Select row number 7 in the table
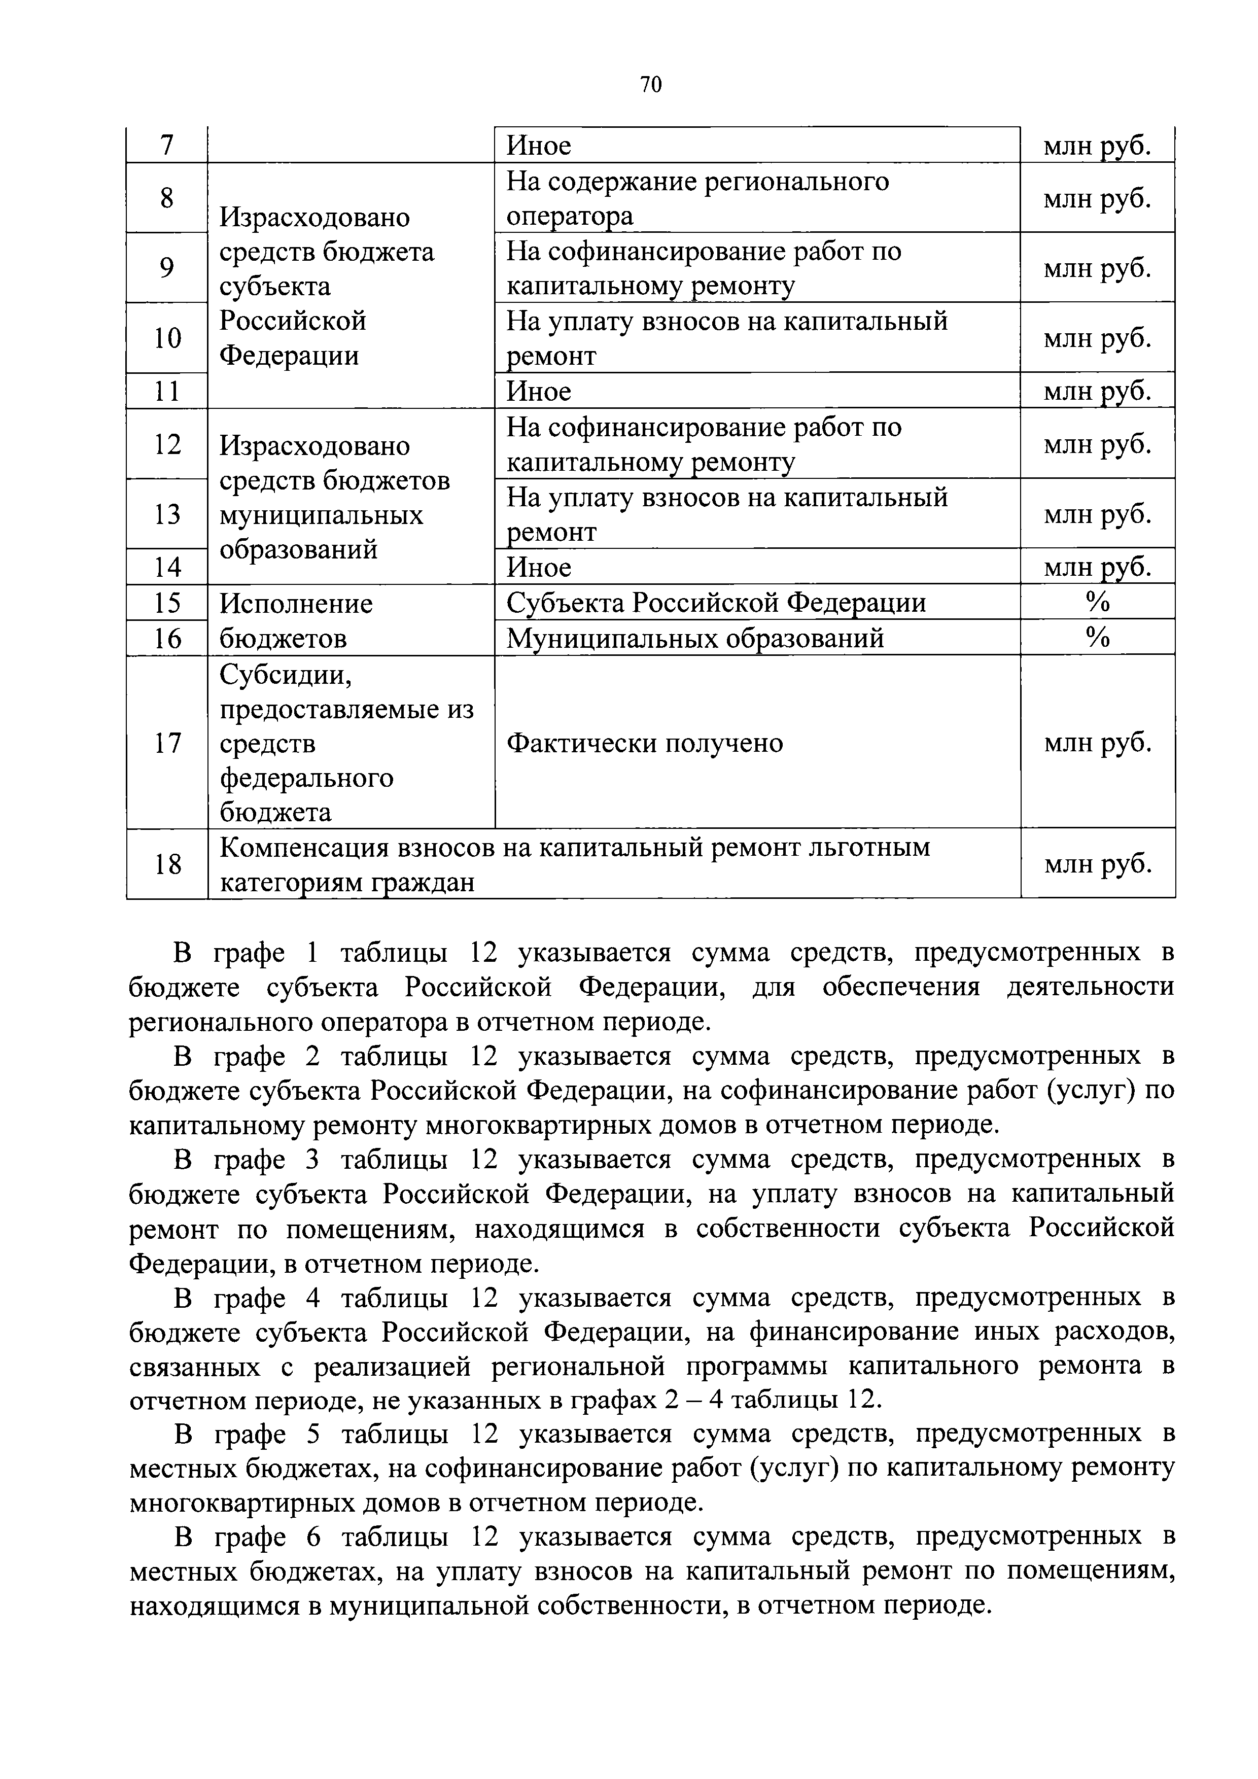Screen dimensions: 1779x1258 tap(166, 145)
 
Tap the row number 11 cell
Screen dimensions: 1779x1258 tap(166, 391)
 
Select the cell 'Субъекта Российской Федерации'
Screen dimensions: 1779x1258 tap(716, 603)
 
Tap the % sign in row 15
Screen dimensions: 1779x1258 tap(1097, 602)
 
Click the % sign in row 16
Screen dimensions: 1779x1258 tap(1097, 638)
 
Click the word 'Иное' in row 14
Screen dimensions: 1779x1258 tap(538, 567)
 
